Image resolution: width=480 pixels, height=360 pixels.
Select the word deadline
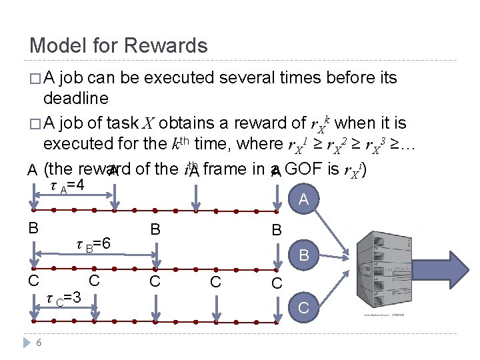pos(75,99)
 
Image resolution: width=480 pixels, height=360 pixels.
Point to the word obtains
pos(182,123)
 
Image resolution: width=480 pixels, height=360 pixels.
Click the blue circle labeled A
pos(304,199)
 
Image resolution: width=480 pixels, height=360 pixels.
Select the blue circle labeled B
pos(304,255)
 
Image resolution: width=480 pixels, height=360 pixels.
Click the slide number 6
pos(39,342)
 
